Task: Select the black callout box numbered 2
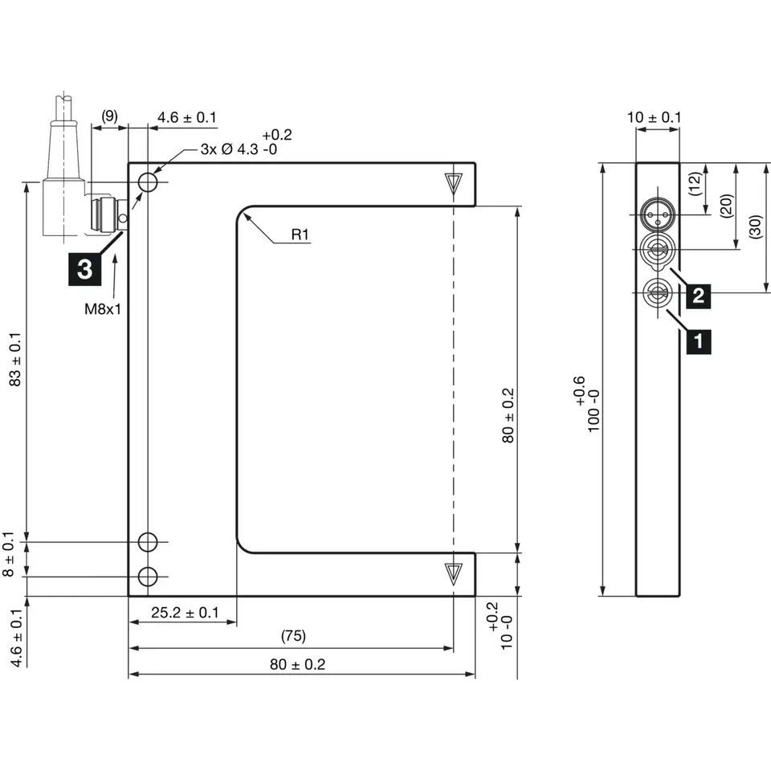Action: [x=698, y=296]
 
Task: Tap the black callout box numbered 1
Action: [x=698, y=341]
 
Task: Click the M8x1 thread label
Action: [x=103, y=309]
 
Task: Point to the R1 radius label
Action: [x=300, y=235]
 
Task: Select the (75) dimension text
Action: [x=292, y=636]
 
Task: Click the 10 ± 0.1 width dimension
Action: [x=654, y=118]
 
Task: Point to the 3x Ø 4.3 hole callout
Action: [x=239, y=149]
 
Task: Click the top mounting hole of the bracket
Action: [x=147, y=183]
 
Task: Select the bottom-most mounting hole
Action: [x=147, y=576]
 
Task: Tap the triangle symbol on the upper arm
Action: [x=455, y=182]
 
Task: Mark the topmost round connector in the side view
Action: [x=657, y=213]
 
